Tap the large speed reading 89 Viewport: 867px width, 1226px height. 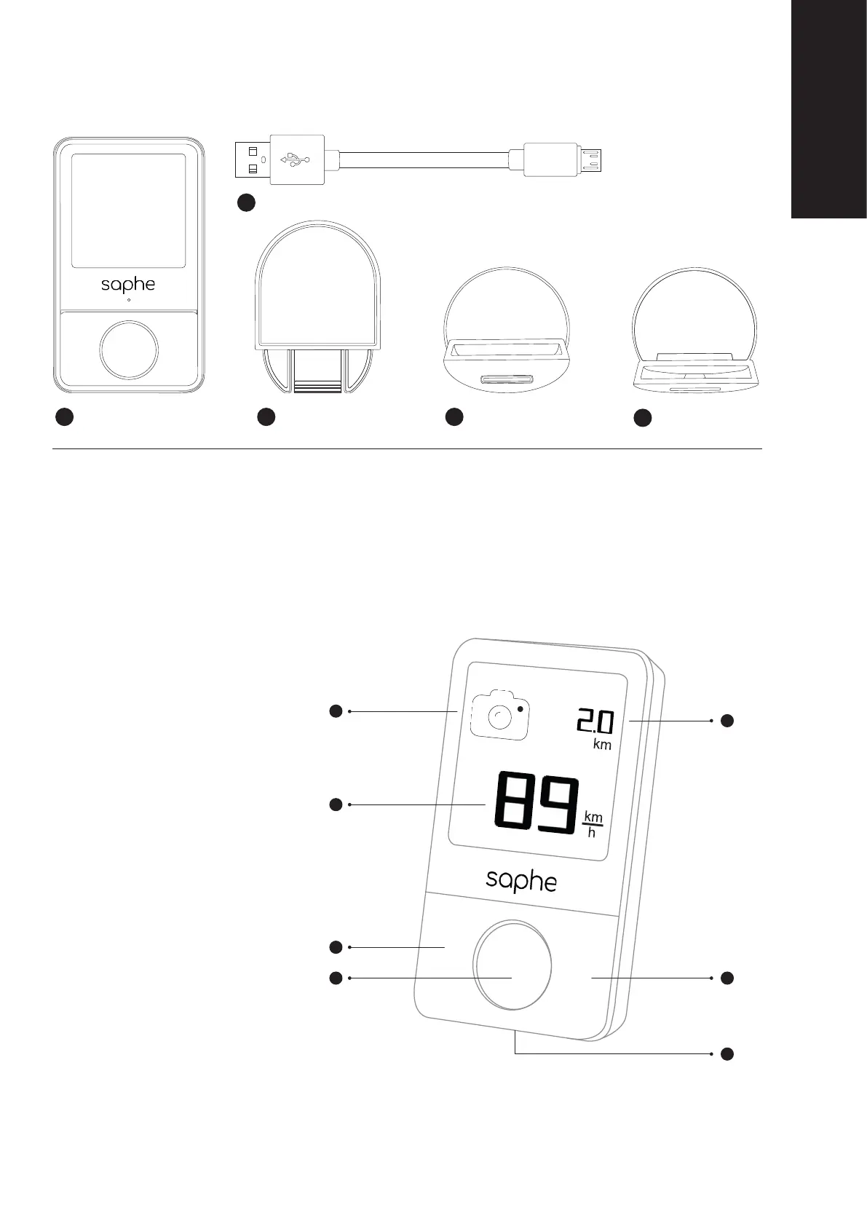537,803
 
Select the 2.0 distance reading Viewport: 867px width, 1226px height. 595,722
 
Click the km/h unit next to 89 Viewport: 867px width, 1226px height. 593,825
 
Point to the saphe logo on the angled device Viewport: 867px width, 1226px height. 521,881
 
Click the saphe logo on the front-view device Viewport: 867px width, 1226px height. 128,284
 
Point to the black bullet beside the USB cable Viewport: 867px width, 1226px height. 246,203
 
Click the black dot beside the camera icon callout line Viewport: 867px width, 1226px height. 336,711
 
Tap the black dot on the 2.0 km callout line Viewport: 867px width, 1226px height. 727,721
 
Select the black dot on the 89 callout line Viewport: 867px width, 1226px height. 336,804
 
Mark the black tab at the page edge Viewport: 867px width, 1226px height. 829,109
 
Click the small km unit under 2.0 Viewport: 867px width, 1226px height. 602,745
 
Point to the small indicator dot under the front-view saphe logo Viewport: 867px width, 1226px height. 129,300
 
